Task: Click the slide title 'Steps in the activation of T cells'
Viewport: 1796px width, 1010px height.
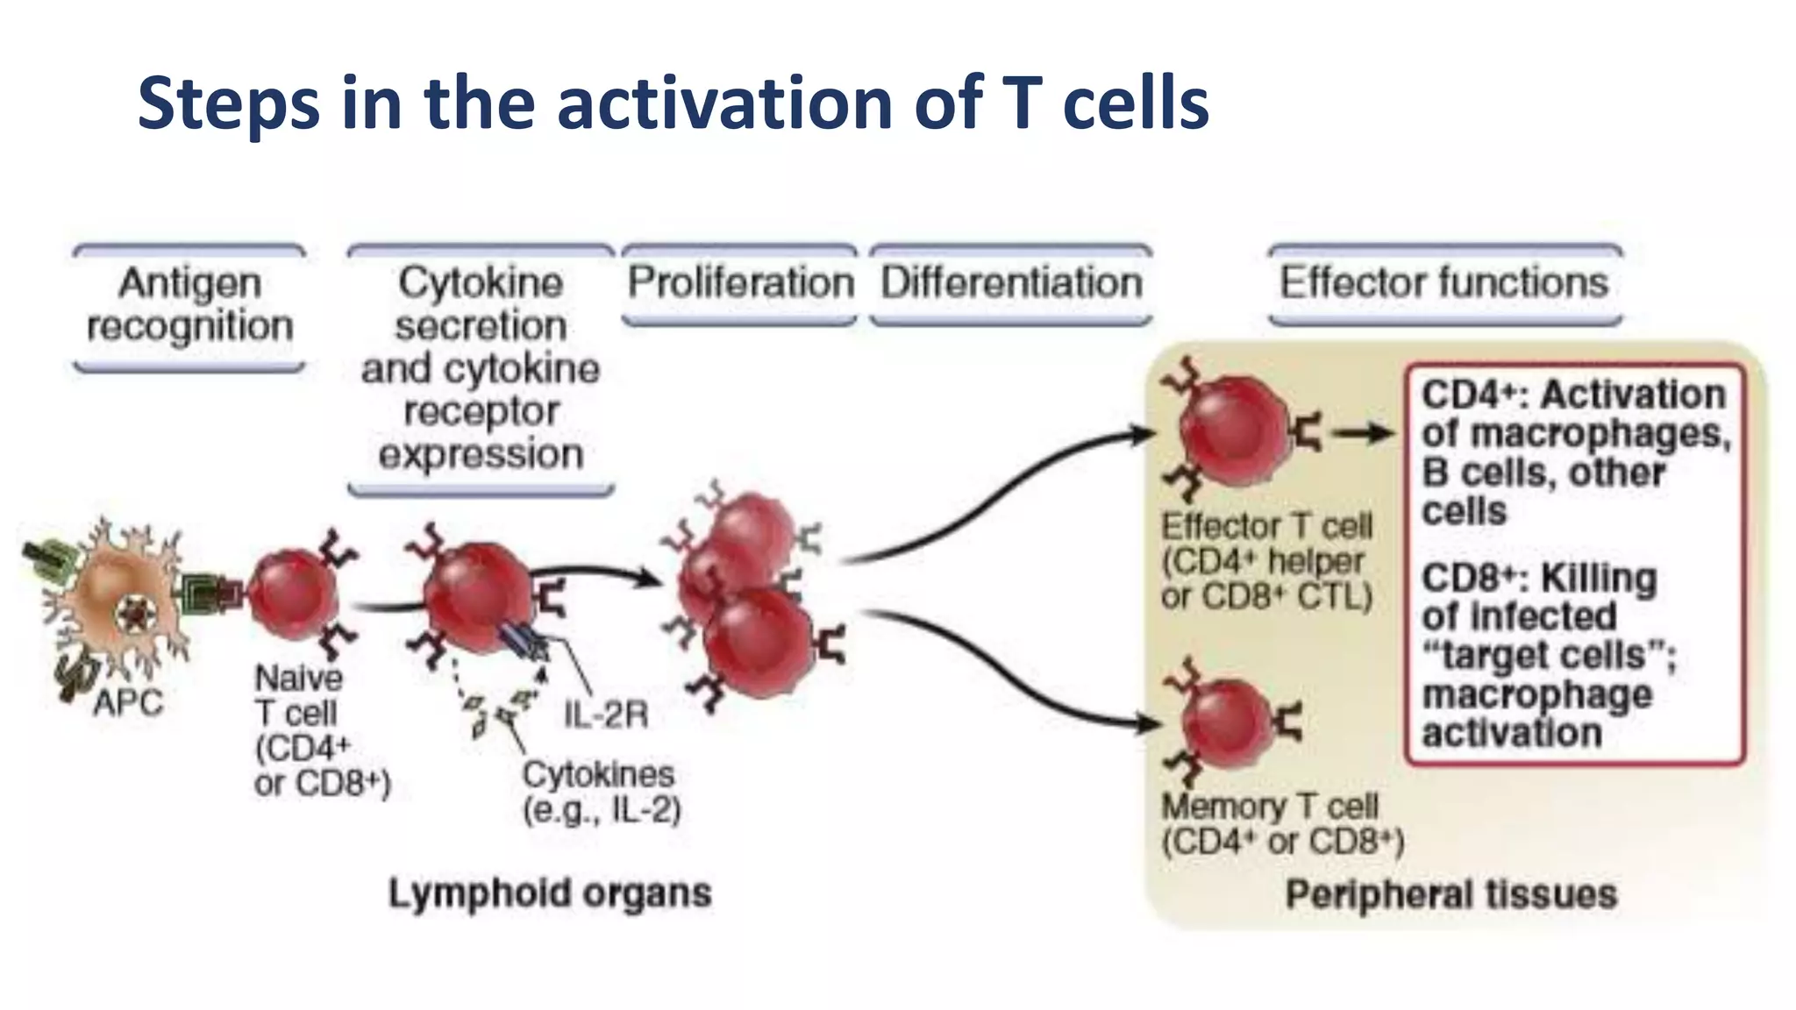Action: tap(673, 103)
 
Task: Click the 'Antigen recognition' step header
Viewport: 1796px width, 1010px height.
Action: tap(189, 304)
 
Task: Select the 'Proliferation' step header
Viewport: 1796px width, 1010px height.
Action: tap(740, 282)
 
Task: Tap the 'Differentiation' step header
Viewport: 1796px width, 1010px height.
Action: tap(1011, 282)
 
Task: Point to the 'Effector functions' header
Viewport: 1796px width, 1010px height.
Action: tap(1444, 282)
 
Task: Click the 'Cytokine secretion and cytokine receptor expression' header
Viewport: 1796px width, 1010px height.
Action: tap(481, 368)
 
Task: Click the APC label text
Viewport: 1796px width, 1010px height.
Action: tap(128, 703)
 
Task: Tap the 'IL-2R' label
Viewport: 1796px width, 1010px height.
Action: tap(605, 715)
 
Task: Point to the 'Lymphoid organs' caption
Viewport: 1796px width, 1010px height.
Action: tap(550, 893)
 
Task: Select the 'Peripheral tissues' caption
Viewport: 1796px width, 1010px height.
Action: tap(1451, 894)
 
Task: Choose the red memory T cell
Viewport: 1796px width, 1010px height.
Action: tap(1228, 724)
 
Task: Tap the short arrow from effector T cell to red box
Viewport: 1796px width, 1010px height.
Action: tap(1363, 433)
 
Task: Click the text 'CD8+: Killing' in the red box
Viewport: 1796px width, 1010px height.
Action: tap(1539, 579)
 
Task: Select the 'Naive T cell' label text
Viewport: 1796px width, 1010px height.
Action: tap(298, 695)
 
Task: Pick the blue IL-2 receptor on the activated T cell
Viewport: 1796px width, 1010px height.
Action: tap(524, 643)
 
